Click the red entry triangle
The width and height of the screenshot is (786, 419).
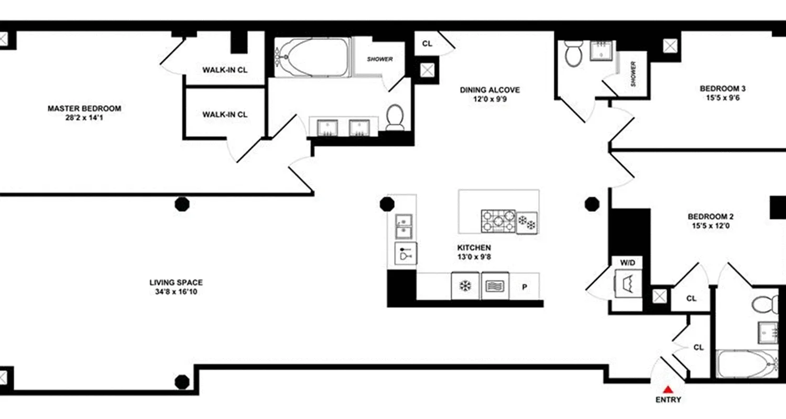click(668, 389)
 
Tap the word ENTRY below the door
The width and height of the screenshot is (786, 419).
click(668, 400)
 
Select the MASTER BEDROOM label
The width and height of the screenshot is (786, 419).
click(84, 109)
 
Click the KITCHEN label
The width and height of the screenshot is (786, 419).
click(474, 248)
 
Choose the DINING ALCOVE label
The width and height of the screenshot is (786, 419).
click(490, 90)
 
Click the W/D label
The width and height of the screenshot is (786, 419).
click(627, 261)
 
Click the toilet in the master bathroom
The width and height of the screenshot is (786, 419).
click(395, 116)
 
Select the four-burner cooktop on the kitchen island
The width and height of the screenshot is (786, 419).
click(498, 220)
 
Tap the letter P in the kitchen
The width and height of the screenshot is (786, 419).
click(523, 286)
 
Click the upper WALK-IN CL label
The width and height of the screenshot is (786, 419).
click(225, 70)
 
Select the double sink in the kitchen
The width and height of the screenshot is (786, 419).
click(405, 225)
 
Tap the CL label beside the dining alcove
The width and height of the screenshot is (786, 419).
click(427, 44)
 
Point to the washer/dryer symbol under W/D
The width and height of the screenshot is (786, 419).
click(627, 283)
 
